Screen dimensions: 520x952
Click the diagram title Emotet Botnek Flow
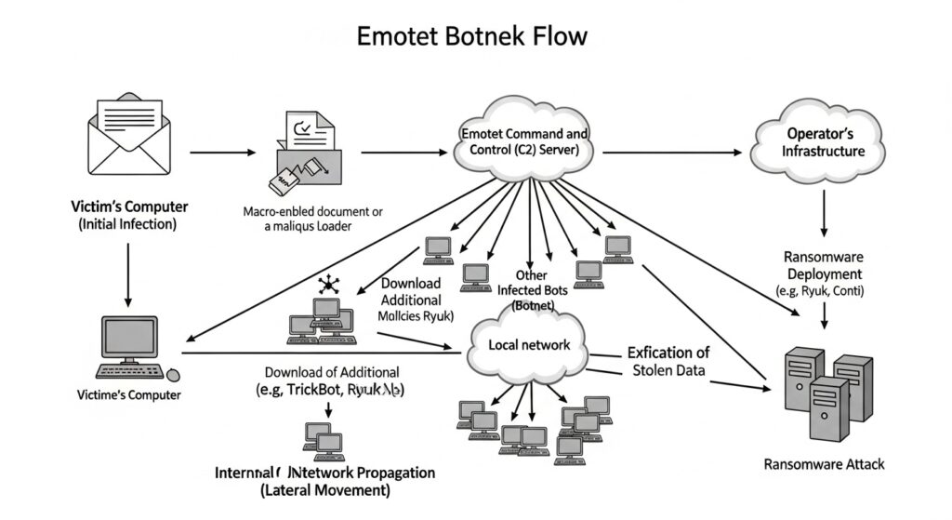click(x=472, y=35)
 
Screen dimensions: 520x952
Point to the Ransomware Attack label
click(x=824, y=462)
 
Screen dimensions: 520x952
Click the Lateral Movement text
click(x=325, y=490)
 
